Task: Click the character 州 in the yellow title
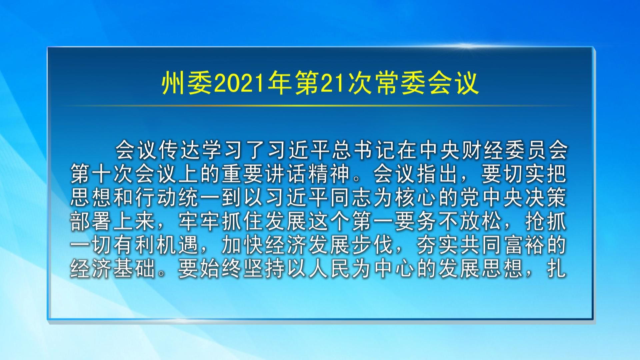[x=173, y=83]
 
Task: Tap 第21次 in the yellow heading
[x=333, y=83]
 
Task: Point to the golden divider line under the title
[x=320, y=105]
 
